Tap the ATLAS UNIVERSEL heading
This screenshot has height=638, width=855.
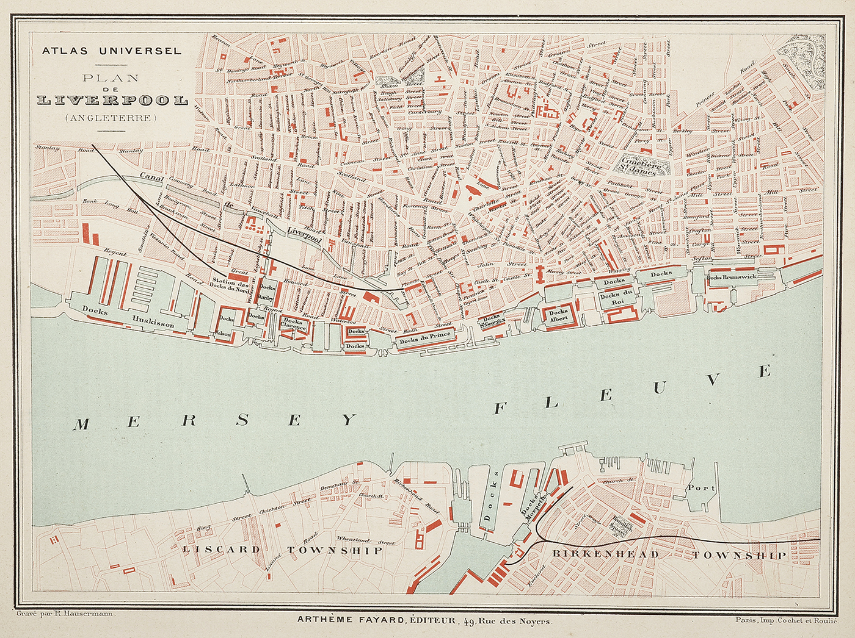(112, 51)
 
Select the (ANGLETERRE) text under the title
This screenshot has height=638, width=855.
(112, 118)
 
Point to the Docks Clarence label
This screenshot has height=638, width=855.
(293, 324)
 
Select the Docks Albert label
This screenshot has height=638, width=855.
(559, 314)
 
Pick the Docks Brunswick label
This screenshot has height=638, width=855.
(731, 277)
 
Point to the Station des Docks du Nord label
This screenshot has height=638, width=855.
(230, 284)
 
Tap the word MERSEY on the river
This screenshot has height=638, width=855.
(214, 421)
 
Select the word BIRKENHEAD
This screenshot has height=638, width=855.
(605, 554)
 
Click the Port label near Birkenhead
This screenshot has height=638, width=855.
(700, 488)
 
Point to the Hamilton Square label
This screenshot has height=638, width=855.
(622, 525)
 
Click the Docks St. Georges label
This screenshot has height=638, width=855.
(492, 320)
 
